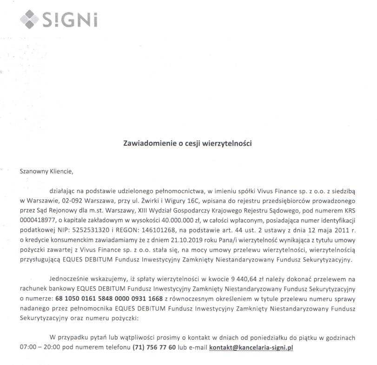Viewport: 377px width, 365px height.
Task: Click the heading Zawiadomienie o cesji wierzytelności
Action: [x=187, y=144]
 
